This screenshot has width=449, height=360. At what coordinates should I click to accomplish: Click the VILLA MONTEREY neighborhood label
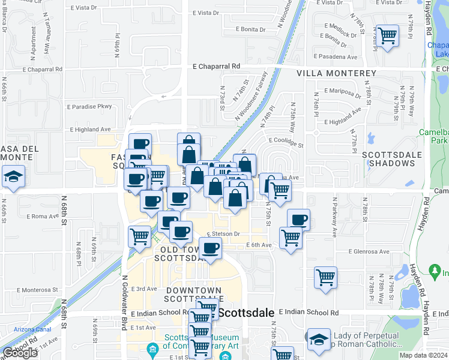[337, 73]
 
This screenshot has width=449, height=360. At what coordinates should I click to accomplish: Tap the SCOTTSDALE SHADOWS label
[394, 158]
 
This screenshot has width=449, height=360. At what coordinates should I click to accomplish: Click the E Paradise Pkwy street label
[91, 107]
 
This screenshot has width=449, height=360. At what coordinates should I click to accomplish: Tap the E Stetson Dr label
[223, 234]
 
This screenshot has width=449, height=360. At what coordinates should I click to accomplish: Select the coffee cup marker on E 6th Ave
[210, 247]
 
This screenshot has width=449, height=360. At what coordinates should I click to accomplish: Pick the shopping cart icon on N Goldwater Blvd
[139, 236]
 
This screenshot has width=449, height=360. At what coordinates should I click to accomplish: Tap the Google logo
[20, 353]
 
